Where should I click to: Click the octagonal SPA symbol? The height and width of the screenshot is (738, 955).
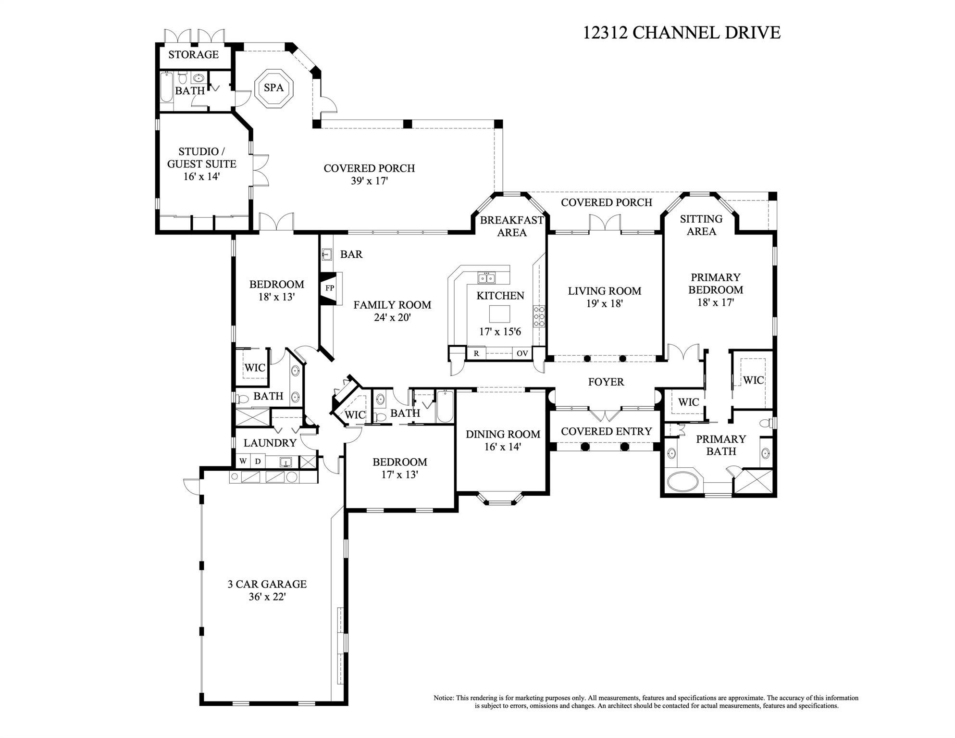274,88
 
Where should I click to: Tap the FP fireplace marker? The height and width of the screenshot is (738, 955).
330,288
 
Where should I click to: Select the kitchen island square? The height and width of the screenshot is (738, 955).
499,314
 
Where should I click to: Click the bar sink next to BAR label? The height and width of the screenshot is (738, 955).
327,254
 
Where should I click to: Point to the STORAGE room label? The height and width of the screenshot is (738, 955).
193,54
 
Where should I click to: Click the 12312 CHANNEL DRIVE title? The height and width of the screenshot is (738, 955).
682,33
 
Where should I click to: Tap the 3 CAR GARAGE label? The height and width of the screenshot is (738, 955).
267,584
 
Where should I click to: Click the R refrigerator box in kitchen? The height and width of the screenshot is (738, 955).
476,353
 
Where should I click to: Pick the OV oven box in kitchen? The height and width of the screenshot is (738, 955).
522,353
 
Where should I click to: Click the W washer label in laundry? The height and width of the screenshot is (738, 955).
243,462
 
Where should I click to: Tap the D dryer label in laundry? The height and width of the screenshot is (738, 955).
258,462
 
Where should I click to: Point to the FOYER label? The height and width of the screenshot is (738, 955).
606,382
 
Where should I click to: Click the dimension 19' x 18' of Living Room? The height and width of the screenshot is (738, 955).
604,304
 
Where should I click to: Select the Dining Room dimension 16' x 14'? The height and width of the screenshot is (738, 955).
503,447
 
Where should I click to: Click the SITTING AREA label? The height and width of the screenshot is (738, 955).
701,225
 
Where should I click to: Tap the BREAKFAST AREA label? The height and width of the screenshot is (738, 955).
512,226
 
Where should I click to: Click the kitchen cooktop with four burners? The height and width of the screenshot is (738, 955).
539,316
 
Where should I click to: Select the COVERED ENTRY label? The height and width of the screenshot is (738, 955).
606,431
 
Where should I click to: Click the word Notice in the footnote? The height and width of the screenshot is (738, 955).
443,698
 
